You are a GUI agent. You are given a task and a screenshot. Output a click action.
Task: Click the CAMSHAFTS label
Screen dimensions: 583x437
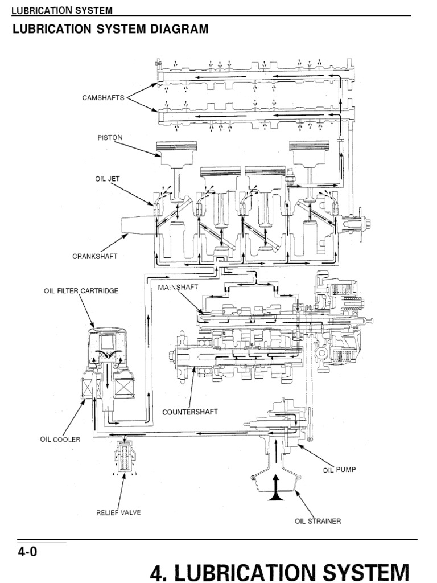[x=103, y=98]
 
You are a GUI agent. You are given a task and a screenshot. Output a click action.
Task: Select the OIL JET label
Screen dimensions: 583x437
[x=107, y=178]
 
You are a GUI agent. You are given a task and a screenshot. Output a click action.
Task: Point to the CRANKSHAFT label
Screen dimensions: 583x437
[x=96, y=256]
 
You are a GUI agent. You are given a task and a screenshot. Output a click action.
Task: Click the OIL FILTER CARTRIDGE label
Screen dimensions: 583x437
[x=81, y=291]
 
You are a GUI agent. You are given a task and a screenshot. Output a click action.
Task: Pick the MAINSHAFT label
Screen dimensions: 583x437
[x=178, y=288]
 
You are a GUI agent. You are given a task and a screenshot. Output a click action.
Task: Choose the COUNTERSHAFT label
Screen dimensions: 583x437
[x=190, y=412]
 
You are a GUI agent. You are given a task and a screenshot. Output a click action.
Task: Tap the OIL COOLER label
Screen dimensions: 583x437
[x=60, y=439]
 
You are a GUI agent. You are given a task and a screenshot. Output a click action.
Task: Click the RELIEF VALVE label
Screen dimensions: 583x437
[x=118, y=512]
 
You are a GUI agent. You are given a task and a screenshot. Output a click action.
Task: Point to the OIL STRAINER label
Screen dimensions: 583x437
[x=318, y=521]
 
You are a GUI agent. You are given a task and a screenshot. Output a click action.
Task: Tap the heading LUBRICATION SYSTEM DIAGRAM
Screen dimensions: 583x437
[x=110, y=28]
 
